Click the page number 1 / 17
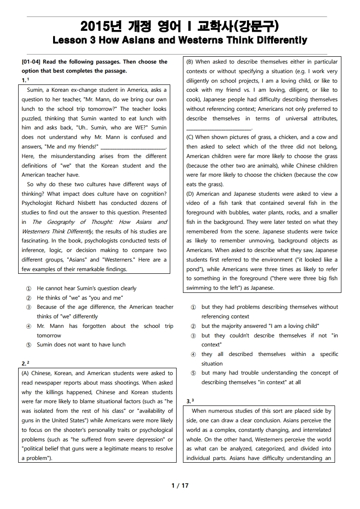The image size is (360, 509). pos(180,485)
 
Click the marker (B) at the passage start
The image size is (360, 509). pos(190,62)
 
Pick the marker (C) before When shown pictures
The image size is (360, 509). pos(190,137)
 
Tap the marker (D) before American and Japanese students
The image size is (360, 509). pos(190,194)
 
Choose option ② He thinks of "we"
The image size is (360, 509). pos(29,298)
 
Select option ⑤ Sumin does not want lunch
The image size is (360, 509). pos(29,345)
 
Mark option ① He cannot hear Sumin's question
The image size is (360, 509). pos(29,288)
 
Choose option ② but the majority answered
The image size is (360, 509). pos(193,326)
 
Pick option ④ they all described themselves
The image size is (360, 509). pos(193,354)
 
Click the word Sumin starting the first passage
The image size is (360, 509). pos(36,90)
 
